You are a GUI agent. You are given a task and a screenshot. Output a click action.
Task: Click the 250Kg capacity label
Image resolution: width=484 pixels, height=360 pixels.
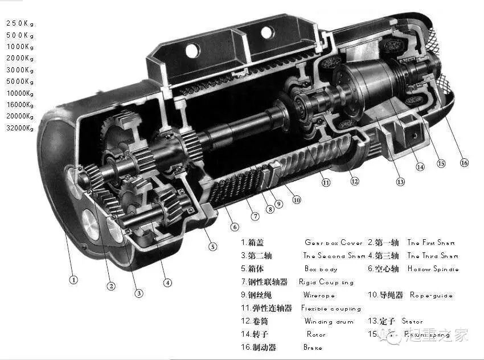20,23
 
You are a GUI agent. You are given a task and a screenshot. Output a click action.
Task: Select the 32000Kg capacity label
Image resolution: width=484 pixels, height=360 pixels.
20,128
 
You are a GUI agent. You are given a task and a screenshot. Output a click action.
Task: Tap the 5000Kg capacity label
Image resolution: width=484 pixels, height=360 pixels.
20,81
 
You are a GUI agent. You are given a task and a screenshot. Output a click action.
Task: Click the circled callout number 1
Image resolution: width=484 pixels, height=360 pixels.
73,280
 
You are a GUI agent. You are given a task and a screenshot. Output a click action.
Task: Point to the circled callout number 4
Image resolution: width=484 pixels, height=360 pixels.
167,282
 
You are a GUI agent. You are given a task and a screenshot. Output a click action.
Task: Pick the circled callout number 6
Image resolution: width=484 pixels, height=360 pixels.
234,227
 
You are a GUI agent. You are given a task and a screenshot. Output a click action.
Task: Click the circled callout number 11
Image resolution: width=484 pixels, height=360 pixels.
326,183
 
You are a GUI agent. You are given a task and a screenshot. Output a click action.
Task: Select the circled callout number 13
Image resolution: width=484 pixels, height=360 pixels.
400,182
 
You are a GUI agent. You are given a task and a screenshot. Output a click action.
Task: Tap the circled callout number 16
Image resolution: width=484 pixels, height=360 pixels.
464,163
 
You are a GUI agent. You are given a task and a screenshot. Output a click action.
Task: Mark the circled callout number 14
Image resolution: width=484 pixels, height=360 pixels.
420,167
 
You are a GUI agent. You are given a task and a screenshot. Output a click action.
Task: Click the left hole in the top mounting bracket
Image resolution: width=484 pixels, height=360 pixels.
192,51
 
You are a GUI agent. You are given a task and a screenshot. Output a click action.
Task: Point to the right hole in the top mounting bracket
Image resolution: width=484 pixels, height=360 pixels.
267,32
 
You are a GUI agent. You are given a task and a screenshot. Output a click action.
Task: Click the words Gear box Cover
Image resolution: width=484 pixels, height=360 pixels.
333,243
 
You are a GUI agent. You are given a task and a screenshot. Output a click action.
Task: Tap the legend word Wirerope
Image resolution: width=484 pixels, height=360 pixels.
319,296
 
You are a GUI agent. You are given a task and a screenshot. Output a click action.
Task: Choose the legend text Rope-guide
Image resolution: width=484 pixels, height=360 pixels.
432,296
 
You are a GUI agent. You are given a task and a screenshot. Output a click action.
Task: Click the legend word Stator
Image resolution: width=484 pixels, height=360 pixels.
412,322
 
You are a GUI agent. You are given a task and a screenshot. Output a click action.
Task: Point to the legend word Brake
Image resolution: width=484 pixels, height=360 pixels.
313,347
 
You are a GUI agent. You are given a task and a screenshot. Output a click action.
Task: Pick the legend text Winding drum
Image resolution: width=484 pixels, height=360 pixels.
329,322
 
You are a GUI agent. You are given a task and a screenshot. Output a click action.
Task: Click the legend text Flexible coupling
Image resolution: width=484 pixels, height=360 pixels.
331,309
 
